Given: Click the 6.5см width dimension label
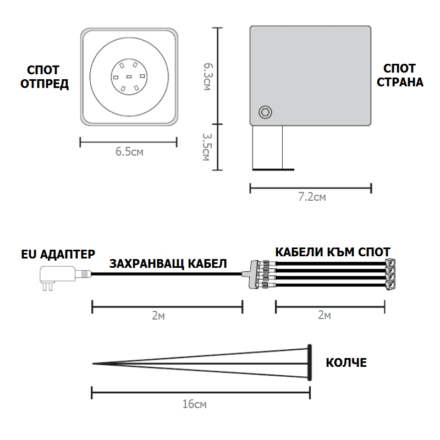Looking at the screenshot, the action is click(x=129, y=152).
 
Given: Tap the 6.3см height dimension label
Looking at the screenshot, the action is click(x=208, y=76).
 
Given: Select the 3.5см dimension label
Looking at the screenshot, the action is click(x=207, y=147).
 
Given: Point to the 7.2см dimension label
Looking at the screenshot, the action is click(x=312, y=197).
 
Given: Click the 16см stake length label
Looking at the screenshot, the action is click(x=195, y=404).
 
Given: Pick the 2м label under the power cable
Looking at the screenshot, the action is click(x=158, y=315).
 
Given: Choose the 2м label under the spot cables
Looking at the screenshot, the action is click(x=324, y=315).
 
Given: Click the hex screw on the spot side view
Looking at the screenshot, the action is click(x=265, y=112).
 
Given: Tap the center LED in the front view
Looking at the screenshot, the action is click(x=129, y=76).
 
